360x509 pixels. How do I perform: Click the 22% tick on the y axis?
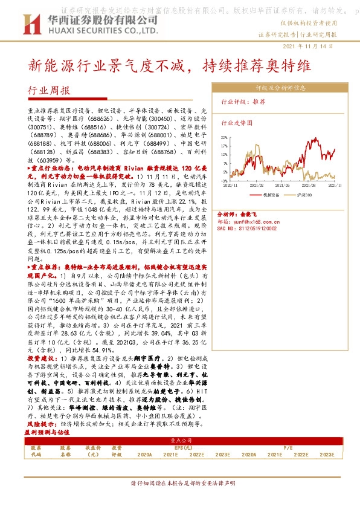coord(224,138)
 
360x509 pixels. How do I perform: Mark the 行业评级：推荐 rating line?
coord(243,102)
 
